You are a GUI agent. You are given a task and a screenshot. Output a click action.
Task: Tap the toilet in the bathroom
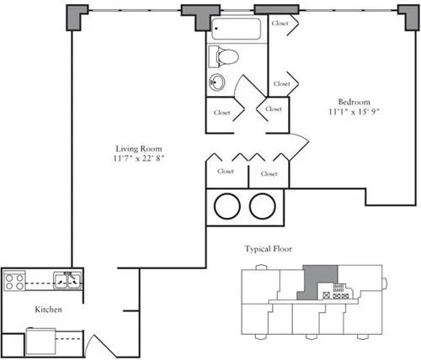[x=226, y=57]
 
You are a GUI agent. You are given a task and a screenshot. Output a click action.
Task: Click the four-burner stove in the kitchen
[x=13, y=280]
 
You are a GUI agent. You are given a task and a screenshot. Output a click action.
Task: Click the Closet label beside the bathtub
[x=281, y=24]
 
